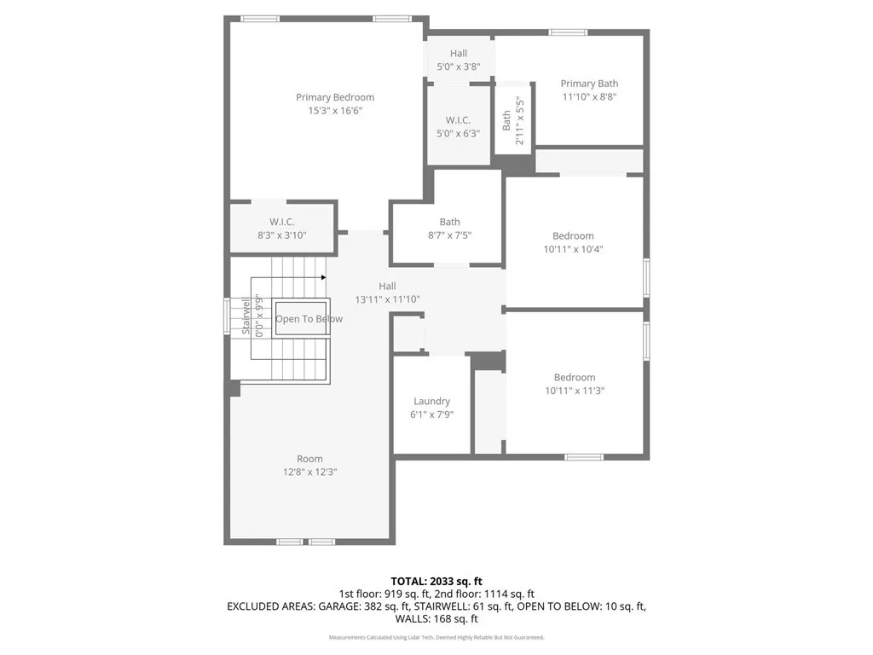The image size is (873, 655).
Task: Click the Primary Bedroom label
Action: [335, 97]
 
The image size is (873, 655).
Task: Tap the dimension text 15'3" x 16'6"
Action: [335, 111]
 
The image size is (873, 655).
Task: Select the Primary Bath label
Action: [589, 84]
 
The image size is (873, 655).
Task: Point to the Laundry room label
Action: [431, 401]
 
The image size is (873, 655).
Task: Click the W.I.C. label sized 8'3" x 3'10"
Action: [282, 222]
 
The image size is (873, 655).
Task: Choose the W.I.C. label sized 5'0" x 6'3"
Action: [458, 120]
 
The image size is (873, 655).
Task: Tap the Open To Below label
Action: [309, 319]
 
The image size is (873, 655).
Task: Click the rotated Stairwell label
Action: [246, 316]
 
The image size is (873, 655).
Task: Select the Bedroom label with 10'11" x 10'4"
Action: [573, 235]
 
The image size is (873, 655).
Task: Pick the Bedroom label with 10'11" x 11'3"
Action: [574, 377]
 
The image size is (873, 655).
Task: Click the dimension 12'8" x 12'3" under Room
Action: [309, 472]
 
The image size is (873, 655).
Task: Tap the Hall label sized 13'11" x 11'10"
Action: [387, 286]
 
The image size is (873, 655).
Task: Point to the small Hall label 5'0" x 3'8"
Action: [459, 54]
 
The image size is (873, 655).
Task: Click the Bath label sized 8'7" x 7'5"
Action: [449, 223]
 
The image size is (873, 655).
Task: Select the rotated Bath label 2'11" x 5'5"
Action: [506, 119]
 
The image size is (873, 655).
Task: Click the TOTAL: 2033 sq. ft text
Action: [436, 580]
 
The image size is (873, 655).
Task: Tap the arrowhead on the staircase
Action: [323, 276]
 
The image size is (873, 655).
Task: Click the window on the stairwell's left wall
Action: [227, 317]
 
